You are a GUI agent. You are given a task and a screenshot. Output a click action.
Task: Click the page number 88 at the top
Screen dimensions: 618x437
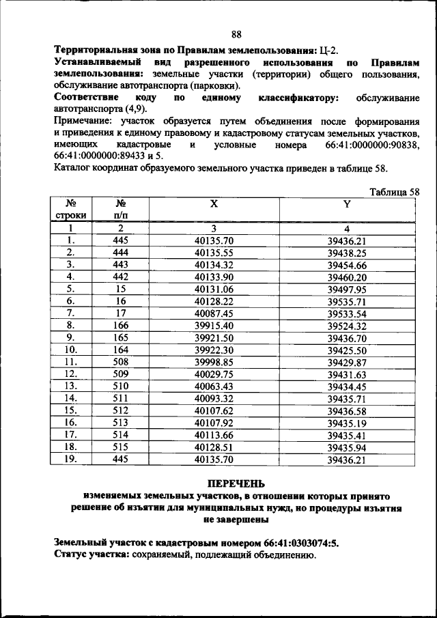(236, 35)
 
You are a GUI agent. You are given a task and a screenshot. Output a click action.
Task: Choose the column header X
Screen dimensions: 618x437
(214, 204)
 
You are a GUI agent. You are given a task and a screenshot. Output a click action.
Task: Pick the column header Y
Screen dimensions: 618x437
(346, 204)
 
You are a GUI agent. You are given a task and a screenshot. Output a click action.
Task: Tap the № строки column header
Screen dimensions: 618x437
(70, 209)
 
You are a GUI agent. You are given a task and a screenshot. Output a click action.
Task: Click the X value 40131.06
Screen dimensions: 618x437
(214, 289)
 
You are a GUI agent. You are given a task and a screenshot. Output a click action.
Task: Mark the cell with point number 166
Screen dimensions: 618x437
(120, 326)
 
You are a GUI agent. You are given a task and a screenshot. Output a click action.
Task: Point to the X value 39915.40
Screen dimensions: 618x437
(214, 326)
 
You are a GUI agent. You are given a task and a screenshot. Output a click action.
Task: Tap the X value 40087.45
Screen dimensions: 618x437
(214, 313)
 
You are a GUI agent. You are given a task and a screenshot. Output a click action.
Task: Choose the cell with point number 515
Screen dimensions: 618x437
(120, 447)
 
